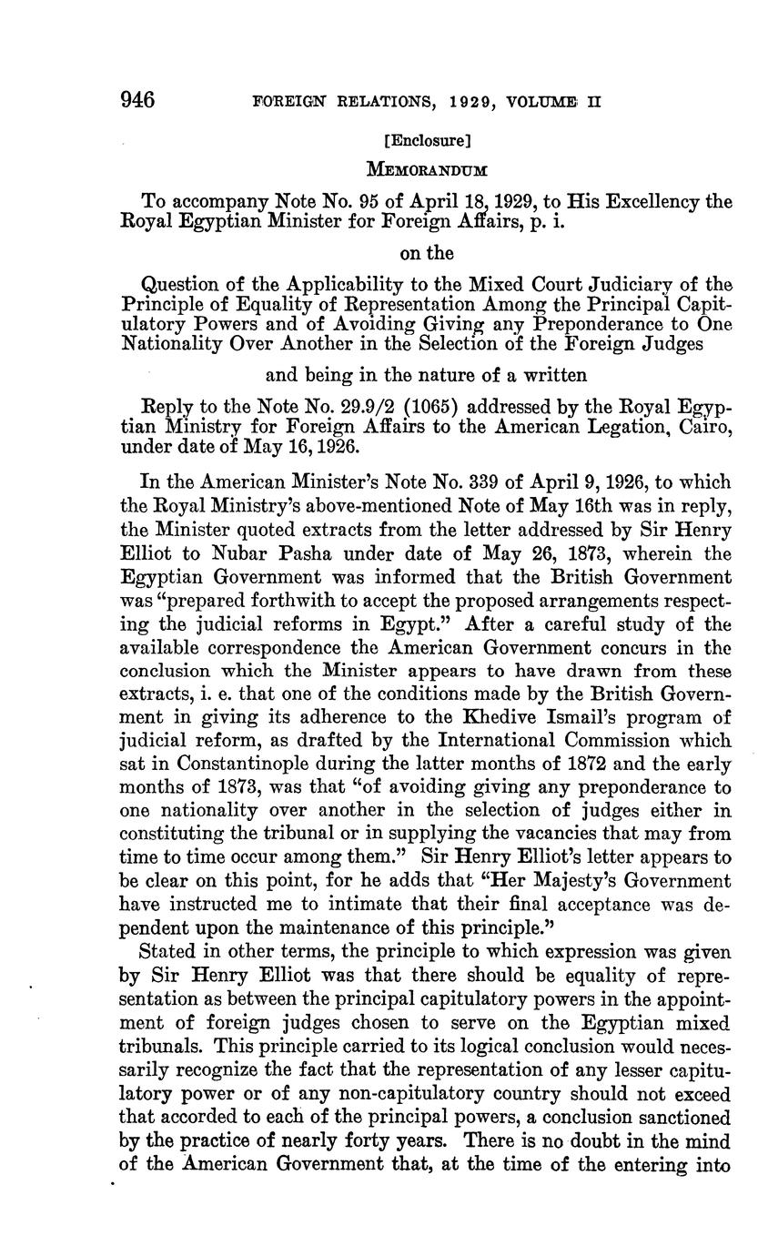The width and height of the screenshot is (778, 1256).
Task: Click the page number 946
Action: pos(139,99)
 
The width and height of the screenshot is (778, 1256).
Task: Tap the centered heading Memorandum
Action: pos(427,169)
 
